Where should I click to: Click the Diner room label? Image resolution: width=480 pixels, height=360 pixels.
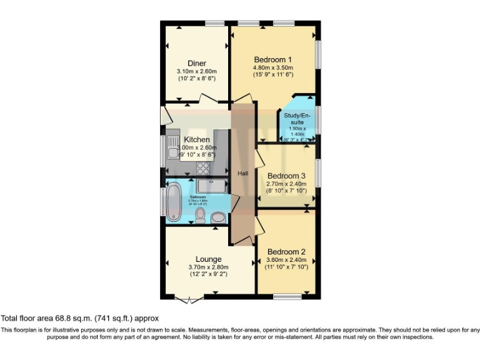(197, 63)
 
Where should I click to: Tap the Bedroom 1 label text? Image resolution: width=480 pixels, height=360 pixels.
(272, 59)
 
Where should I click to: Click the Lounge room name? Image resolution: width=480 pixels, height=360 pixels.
(208, 259)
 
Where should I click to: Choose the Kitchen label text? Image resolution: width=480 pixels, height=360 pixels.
(196, 139)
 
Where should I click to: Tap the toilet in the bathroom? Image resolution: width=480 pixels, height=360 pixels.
(201, 216)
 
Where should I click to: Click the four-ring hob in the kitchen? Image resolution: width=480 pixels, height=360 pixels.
(204, 167)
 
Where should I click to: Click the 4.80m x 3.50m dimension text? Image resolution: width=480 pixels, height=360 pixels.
(272, 67)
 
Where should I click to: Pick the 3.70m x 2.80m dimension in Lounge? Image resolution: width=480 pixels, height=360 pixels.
(209, 267)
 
